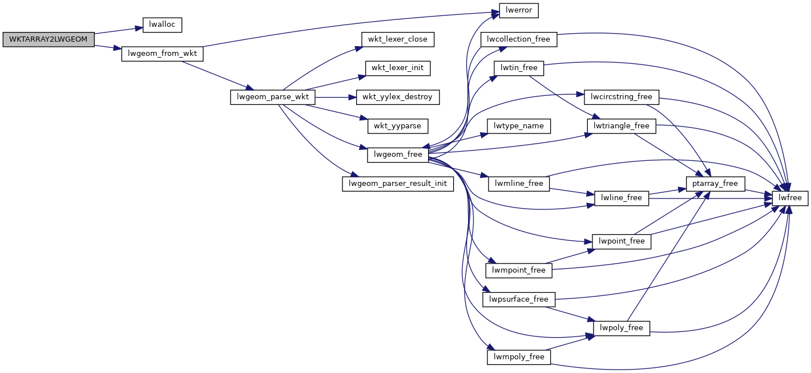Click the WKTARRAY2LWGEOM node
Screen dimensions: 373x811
click(x=49, y=39)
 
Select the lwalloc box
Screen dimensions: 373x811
click(x=162, y=25)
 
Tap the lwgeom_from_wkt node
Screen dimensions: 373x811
click(x=163, y=54)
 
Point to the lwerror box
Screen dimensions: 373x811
click(x=519, y=10)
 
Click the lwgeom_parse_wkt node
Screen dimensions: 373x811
click(x=272, y=97)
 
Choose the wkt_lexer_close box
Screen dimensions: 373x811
click(x=398, y=39)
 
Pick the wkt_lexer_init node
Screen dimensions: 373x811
click(x=397, y=68)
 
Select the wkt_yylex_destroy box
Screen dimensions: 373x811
click(x=398, y=97)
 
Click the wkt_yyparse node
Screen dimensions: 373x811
click(x=398, y=125)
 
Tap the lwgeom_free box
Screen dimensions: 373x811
click(x=398, y=155)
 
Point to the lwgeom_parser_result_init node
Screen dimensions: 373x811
click(x=397, y=184)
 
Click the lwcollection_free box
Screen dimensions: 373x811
click(x=519, y=39)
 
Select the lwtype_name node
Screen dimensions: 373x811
click(x=518, y=125)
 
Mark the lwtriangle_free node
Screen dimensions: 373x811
click(x=622, y=125)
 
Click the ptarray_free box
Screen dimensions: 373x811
click(x=716, y=184)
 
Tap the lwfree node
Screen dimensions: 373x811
click(x=790, y=198)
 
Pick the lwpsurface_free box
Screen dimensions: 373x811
click(x=519, y=299)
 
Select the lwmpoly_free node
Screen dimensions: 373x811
click(x=519, y=357)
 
